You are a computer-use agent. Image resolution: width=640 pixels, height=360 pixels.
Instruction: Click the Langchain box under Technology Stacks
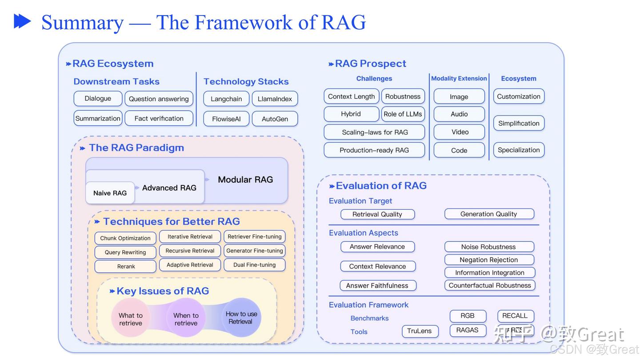coord(226,99)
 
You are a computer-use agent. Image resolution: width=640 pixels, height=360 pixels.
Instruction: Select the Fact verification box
coord(159,118)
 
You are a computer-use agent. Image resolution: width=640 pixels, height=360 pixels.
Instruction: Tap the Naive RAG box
coord(110,193)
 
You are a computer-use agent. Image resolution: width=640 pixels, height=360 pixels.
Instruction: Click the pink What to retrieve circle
coord(130,319)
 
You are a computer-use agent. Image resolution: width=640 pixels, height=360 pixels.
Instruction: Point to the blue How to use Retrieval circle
coord(240,317)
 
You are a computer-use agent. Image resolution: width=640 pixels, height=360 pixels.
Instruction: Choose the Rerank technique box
coord(126,266)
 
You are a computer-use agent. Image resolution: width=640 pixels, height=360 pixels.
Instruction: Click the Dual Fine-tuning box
coord(254,264)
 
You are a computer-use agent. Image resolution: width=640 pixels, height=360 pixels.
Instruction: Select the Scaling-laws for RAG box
coord(374,132)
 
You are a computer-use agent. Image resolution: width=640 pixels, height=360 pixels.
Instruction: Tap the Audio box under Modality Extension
coord(459,114)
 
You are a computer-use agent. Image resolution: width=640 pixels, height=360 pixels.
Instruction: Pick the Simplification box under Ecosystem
coord(518,123)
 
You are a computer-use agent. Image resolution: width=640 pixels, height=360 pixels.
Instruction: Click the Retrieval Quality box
coord(377,214)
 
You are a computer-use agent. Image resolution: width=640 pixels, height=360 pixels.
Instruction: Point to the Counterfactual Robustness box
coord(489,285)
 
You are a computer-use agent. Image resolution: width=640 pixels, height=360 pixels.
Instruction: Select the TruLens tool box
coord(419,331)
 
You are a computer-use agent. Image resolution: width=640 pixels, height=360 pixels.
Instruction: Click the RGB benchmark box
coord(467,316)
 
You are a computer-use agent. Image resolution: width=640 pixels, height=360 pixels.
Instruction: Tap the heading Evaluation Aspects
coord(363,233)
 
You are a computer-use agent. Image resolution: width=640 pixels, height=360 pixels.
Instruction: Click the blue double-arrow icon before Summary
coord(22,21)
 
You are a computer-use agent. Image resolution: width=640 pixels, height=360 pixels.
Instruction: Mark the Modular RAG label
coord(245,180)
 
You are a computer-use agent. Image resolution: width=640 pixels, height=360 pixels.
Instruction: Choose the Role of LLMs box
coord(403,114)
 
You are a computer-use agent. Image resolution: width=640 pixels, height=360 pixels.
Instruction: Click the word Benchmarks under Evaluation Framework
coord(369,318)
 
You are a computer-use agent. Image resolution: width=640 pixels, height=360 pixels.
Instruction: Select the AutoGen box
coord(275,119)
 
